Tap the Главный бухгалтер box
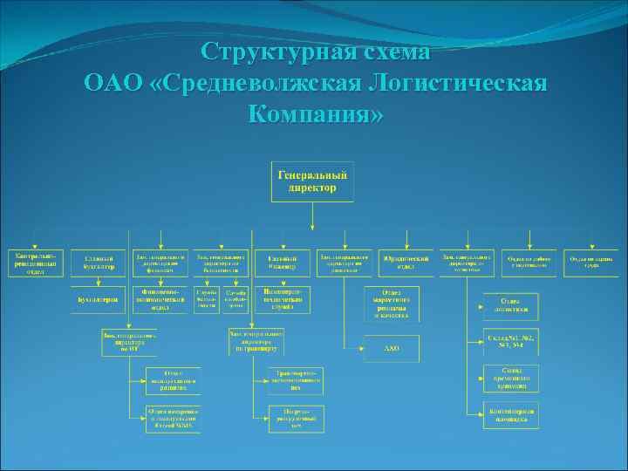point(99,263)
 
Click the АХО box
point(392,349)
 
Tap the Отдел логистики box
point(511,306)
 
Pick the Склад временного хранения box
point(511,376)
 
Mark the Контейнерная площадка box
point(511,413)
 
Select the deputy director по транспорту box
point(256,341)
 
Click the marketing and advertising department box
point(392,303)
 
